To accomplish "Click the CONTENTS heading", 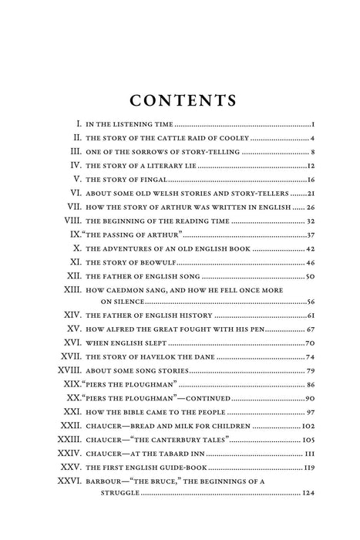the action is pyautogui.click(x=180, y=101).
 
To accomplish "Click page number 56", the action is pyautogui.click(x=311, y=302).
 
